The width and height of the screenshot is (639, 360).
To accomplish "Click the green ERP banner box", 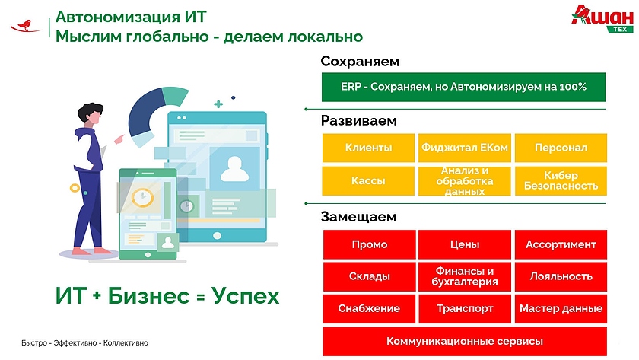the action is tap(463, 87).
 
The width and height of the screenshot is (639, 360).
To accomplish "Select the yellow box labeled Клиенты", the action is tap(368, 148).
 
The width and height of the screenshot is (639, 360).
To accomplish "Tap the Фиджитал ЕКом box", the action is tap(465, 148).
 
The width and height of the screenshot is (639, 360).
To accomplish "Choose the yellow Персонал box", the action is tap(561, 148).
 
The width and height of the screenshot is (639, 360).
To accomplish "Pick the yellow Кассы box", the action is tap(368, 180).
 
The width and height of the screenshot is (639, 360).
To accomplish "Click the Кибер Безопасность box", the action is tap(561, 180).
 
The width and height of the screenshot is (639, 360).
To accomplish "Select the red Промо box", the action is tap(369, 244).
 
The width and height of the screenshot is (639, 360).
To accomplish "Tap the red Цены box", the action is tap(465, 244).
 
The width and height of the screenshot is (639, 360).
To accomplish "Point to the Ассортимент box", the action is tap(561, 244).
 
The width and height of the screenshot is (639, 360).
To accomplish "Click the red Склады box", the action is tap(369, 276).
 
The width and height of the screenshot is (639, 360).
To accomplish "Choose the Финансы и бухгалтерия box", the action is tap(465, 276).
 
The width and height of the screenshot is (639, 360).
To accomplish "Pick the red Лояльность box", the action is tap(561, 276).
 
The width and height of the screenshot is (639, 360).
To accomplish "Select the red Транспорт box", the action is tap(465, 309).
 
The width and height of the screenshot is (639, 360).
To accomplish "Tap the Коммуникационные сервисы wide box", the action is tap(465, 341).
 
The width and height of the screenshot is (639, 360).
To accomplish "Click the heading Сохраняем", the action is tap(360, 62).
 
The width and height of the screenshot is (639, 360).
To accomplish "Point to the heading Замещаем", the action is tap(358, 217).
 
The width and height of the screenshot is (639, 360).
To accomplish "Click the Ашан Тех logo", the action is tap(602, 19).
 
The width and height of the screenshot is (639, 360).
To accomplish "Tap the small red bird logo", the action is tap(26, 26).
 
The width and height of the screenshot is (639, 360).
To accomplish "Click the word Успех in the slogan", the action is tap(245, 296).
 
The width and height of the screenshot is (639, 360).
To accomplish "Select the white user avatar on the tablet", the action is tap(234, 169).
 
